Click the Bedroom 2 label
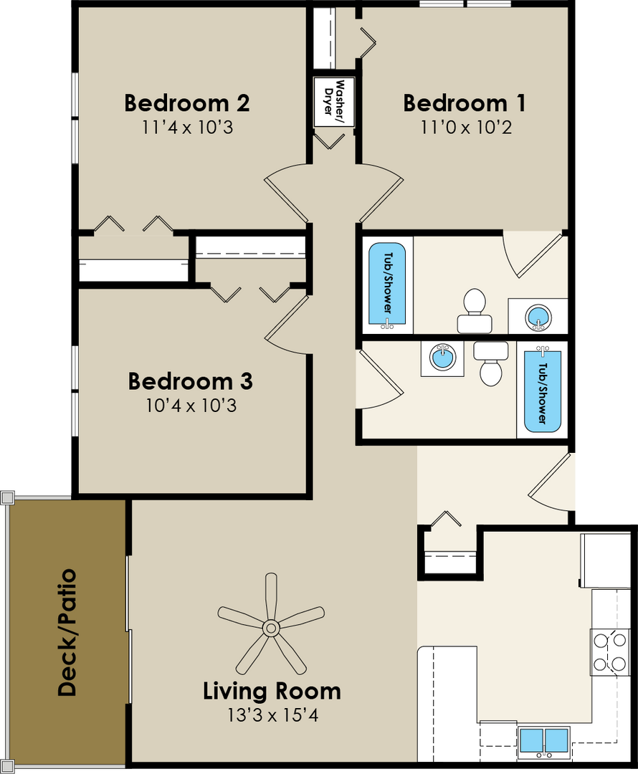(x=186, y=103)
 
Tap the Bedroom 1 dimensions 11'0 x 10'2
(x=466, y=128)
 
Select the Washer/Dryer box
(x=334, y=102)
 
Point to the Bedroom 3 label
(x=190, y=381)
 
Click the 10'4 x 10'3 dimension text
(x=191, y=406)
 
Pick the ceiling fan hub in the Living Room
(x=270, y=629)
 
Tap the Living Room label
(x=272, y=691)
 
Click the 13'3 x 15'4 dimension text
(x=272, y=715)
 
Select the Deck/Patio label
(x=67, y=632)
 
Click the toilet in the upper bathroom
(x=475, y=310)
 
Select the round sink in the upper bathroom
(x=538, y=316)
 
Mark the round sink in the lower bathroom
(x=442, y=358)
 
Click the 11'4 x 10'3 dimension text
(x=188, y=128)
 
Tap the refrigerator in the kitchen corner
(x=606, y=560)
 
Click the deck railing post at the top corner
(x=7, y=497)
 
